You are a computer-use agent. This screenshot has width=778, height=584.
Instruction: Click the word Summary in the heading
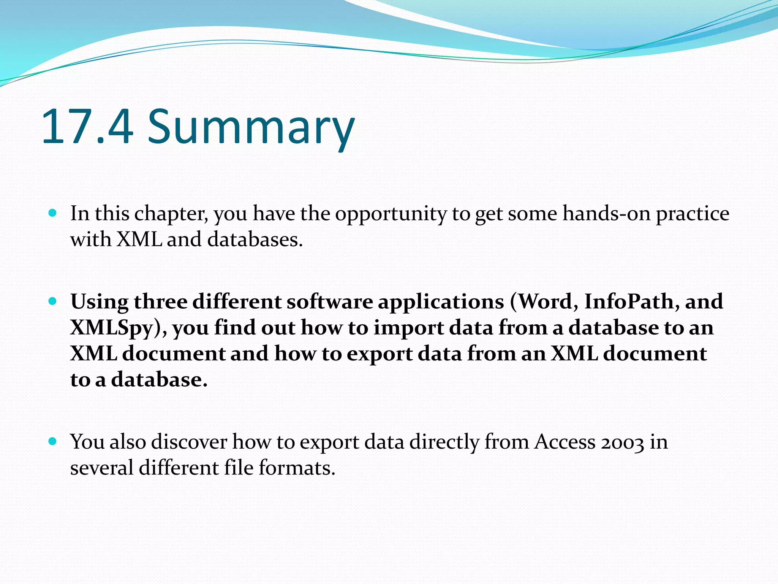coord(251,127)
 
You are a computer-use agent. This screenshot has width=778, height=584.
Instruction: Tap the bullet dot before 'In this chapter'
coord(53,213)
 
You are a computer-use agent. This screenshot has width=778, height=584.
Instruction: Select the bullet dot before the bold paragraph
coord(53,302)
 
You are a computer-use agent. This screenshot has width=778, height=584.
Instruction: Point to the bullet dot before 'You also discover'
coord(53,441)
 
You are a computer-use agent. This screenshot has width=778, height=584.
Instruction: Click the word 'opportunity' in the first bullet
coord(391,214)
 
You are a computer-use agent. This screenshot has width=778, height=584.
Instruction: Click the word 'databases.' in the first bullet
coord(255,240)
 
